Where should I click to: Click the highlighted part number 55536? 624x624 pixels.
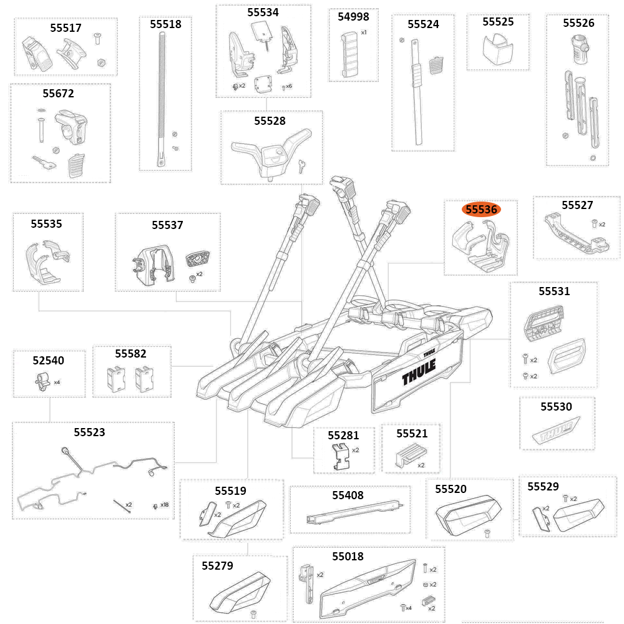click(481, 210)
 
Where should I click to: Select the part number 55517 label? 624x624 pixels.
click(66, 28)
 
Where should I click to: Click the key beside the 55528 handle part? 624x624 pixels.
click(302, 165)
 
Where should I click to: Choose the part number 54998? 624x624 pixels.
click(353, 17)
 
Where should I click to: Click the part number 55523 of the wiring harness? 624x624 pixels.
click(89, 432)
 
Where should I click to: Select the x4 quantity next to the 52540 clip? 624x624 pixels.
click(57, 382)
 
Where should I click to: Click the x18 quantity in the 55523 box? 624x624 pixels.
click(164, 504)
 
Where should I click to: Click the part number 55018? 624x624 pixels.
click(348, 556)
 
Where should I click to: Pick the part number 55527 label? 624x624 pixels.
click(577, 205)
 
